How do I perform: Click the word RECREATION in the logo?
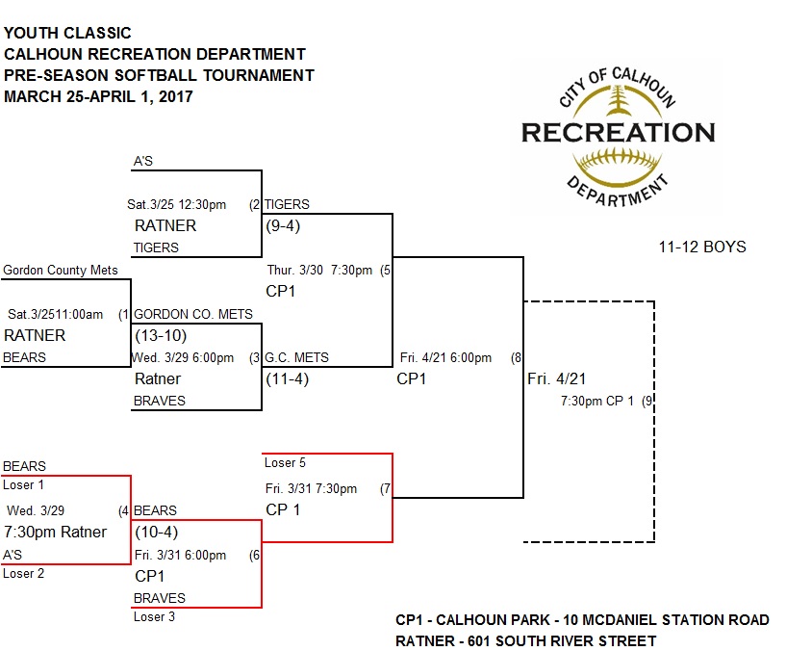(618, 132)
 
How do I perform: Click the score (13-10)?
(161, 335)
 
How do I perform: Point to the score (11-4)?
(288, 378)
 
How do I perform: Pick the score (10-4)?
(157, 532)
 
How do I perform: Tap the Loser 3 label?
(154, 617)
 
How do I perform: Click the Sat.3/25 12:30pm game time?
(177, 204)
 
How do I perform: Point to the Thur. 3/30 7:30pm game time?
(318, 270)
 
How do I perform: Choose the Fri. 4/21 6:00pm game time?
(445, 357)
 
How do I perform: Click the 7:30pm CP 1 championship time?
(596, 401)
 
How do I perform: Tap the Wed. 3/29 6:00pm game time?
(184, 357)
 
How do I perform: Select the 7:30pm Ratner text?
(56, 532)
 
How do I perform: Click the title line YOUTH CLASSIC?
(68, 34)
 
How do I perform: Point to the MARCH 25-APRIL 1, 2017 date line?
(98, 96)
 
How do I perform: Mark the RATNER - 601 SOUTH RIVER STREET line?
(525, 640)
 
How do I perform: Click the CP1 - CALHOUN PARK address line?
(582, 619)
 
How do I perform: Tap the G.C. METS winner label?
(297, 357)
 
